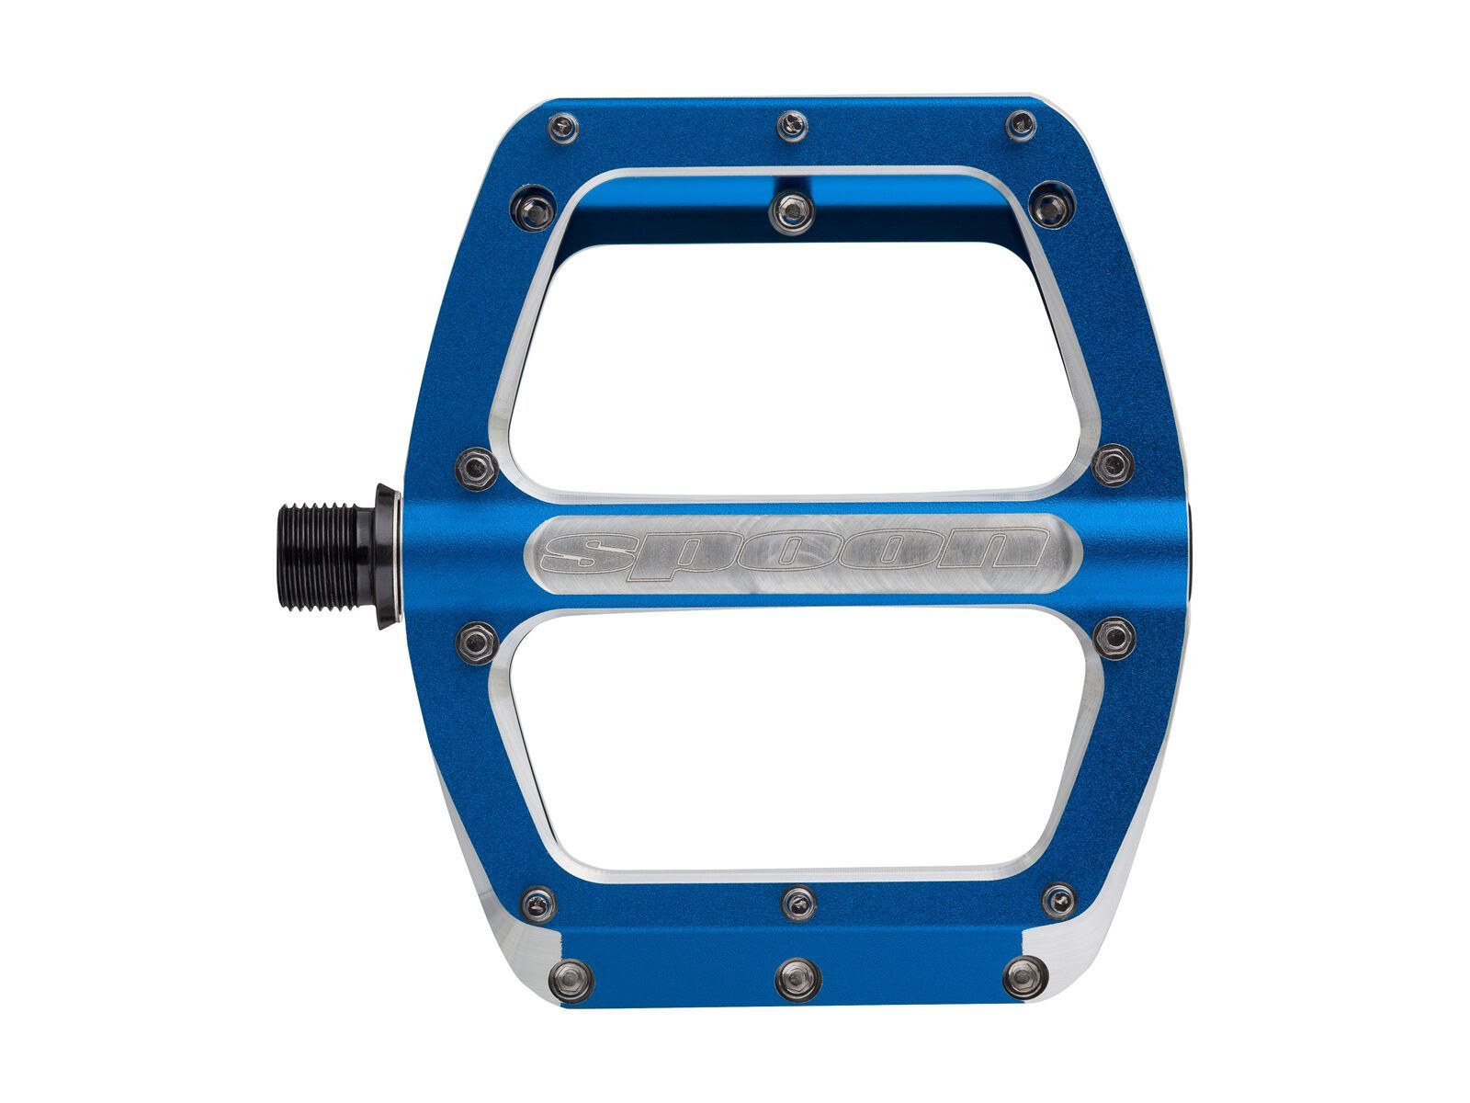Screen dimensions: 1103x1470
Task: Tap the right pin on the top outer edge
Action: coord(1020,125)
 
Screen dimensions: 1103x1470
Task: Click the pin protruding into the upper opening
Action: coord(790,211)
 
